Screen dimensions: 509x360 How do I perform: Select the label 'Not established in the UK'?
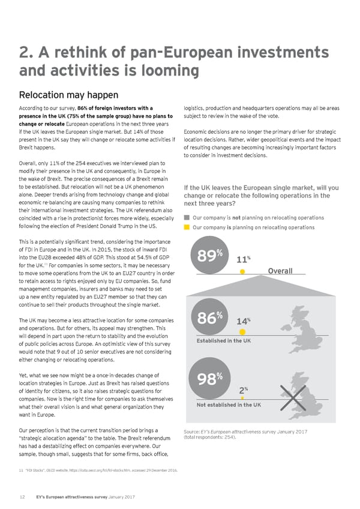[x=229, y=405]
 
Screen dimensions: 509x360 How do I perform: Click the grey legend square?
[x=187, y=217]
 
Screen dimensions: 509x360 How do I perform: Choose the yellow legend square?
[x=187, y=227]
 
